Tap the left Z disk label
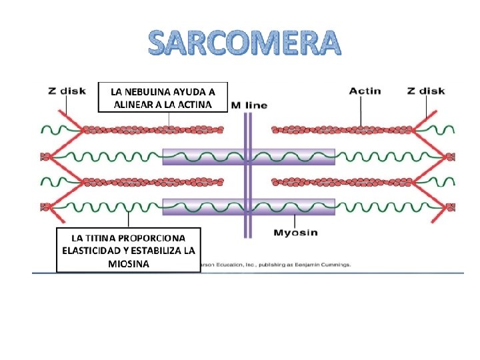click(66, 91)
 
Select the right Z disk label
click(426, 91)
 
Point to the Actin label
click(365, 91)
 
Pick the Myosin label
click(296, 233)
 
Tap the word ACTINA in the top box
click(194, 105)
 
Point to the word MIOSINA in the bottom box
click(128, 264)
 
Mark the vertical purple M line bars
click(247, 173)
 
